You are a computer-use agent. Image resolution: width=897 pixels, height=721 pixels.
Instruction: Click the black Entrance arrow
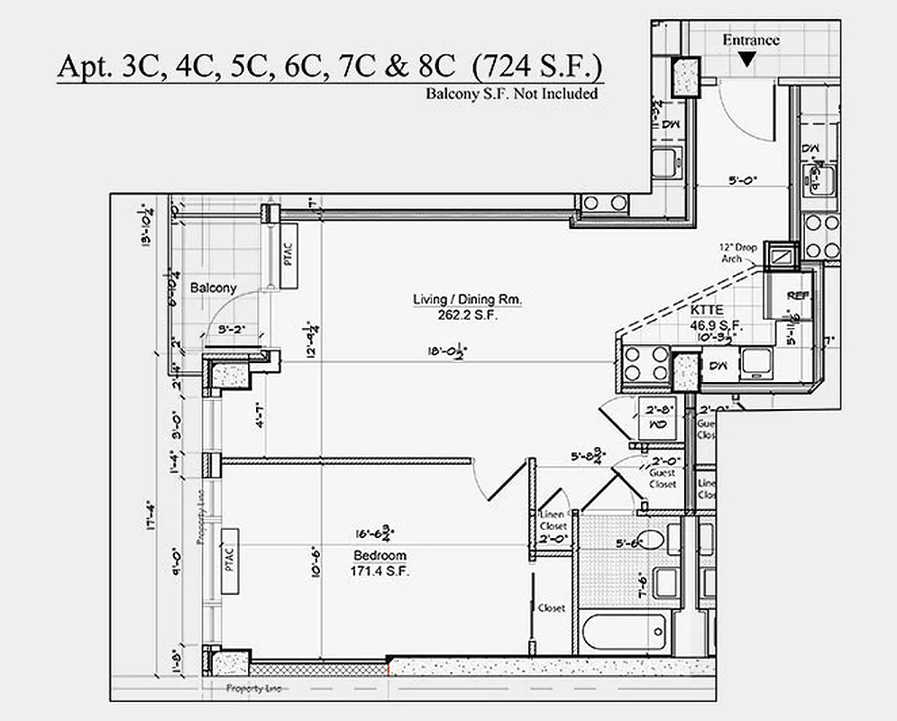coord(746,59)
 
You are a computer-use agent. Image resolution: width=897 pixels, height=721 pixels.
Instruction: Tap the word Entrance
coord(750,40)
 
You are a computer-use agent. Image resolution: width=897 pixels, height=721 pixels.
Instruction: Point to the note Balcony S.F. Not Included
coord(511,93)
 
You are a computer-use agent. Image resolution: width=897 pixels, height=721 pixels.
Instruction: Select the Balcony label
coord(213,288)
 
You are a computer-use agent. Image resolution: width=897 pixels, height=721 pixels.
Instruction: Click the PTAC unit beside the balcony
coord(288,257)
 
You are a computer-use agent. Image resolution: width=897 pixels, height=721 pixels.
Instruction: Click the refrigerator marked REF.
coord(795,297)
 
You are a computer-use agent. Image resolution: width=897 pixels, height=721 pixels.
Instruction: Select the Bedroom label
coord(379,556)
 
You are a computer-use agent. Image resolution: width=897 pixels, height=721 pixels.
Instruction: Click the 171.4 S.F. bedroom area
coord(379,571)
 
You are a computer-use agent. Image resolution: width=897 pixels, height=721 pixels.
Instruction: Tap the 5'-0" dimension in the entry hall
coord(743,179)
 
